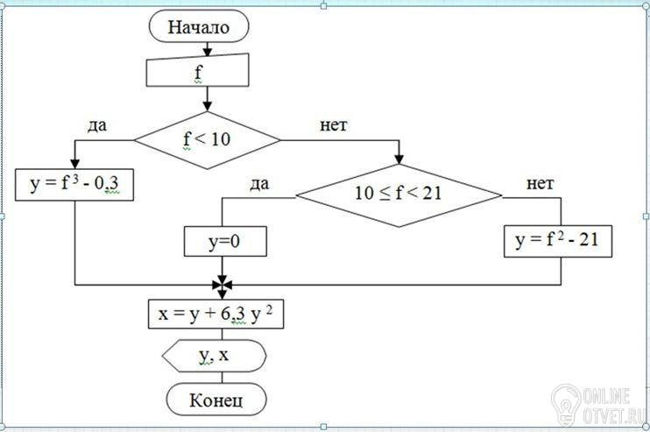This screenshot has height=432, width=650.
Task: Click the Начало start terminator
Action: click(x=199, y=26)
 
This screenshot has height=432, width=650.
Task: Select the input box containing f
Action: click(x=198, y=70)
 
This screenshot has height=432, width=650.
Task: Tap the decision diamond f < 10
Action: click(x=208, y=140)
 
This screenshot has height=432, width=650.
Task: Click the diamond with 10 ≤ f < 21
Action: click(x=399, y=195)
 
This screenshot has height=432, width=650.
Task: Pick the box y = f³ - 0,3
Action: click(x=74, y=185)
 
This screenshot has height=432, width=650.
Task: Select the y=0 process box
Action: click(x=225, y=241)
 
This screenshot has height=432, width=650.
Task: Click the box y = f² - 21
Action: click(x=558, y=241)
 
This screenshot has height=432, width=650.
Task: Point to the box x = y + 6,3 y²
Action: click(x=216, y=315)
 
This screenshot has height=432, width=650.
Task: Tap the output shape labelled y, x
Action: click(x=214, y=356)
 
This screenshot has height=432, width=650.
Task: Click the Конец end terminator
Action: click(x=216, y=400)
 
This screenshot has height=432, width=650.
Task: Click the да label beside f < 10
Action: click(x=97, y=125)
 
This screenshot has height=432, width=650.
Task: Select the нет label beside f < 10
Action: click(x=333, y=124)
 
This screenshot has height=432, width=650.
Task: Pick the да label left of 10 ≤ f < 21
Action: click(x=259, y=184)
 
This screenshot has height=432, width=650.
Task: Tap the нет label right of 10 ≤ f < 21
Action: click(x=540, y=183)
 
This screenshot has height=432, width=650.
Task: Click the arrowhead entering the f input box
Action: click(x=208, y=52)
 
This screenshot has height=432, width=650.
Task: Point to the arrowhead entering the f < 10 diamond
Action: click(x=208, y=106)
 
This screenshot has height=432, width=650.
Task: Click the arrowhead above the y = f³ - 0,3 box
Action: click(x=75, y=164)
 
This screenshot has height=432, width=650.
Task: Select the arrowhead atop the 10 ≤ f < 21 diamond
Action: click(x=399, y=159)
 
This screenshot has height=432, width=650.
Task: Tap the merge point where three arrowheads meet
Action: click(x=223, y=285)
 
